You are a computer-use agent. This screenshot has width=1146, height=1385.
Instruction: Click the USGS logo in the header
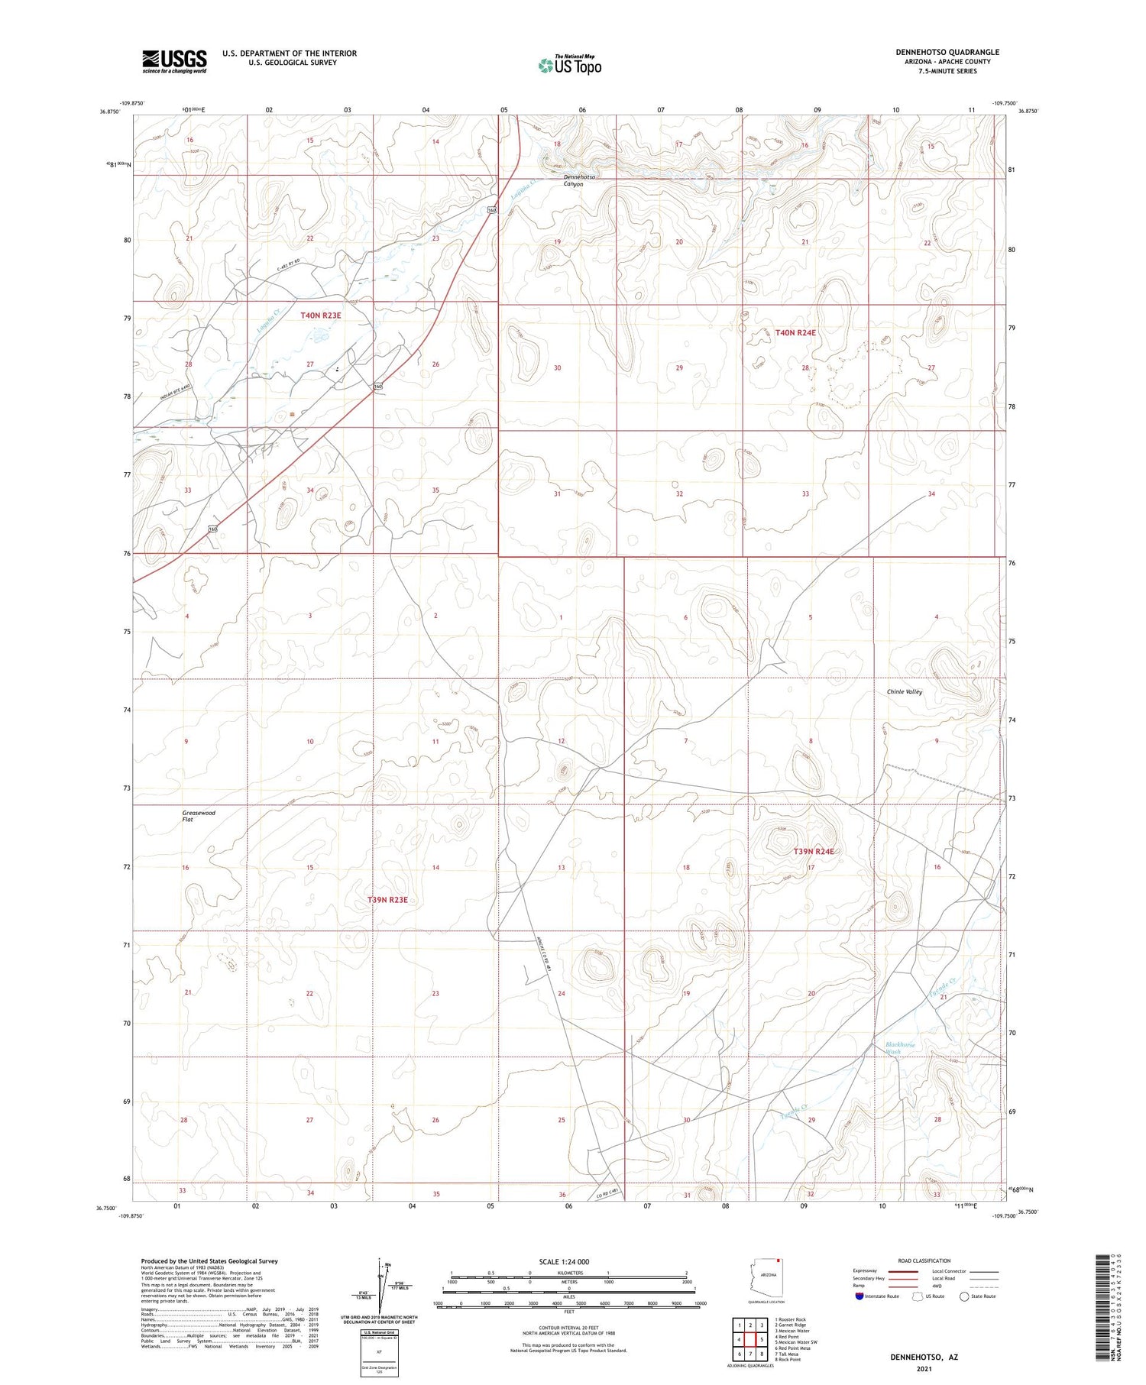tap(174, 61)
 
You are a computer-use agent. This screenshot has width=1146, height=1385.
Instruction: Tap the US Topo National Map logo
tap(569, 65)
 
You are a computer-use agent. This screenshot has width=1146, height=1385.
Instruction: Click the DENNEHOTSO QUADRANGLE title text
tap(947, 52)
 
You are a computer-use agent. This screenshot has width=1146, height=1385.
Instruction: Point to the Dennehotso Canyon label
tap(579, 180)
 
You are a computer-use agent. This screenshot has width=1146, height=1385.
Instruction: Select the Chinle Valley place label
tap(905, 692)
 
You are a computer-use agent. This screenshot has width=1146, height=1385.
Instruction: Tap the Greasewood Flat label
tap(198, 816)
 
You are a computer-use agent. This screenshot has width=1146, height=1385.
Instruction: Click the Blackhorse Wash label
tap(899, 1048)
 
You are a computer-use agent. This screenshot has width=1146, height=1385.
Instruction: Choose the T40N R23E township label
tap(320, 315)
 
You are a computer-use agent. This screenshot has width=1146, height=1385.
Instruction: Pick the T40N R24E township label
tap(795, 333)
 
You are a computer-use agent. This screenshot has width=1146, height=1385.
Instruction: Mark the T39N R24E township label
tap(814, 851)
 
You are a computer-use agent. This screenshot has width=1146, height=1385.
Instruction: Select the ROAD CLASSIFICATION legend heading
tap(924, 1260)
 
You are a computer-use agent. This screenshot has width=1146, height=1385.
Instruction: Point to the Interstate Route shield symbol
tap(860, 1296)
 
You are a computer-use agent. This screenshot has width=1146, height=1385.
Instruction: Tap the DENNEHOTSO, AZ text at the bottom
tap(924, 1357)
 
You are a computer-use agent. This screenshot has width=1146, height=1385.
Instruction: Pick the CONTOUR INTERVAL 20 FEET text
tap(568, 1328)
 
